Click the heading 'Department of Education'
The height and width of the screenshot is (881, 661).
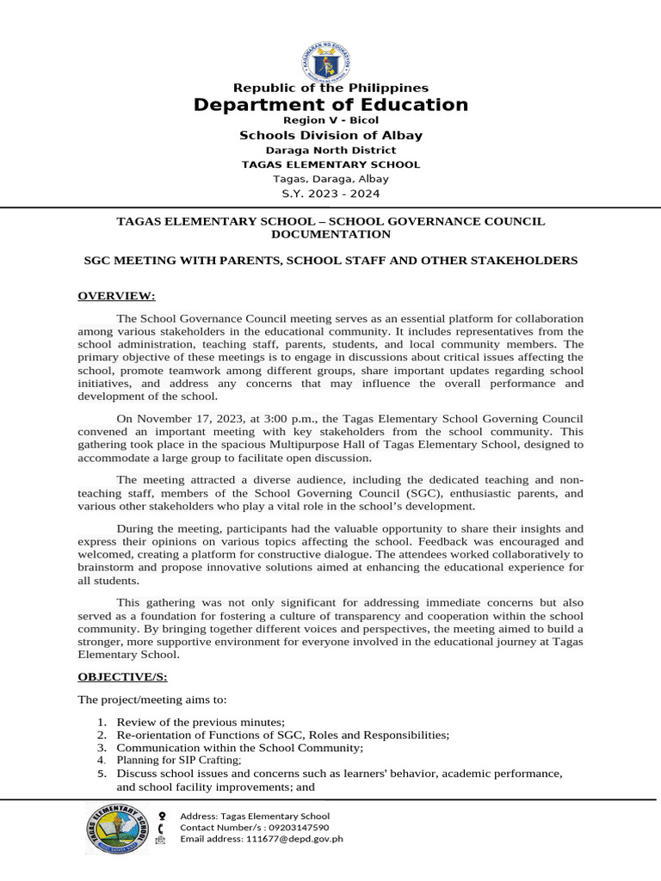tap(330, 105)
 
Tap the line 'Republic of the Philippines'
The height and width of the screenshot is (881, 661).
tap(330, 88)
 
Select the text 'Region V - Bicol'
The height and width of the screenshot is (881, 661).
tap(330, 120)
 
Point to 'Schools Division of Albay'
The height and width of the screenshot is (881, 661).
tap(330, 135)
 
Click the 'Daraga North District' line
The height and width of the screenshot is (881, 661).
tap(330, 150)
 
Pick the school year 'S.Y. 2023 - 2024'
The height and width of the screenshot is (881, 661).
tap(330, 194)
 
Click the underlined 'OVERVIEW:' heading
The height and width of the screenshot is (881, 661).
tap(116, 297)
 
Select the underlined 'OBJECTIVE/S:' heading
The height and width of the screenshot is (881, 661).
tap(122, 678)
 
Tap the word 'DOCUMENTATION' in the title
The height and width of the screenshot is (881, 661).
tap(330, 234)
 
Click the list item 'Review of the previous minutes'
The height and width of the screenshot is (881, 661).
tap(201, 722)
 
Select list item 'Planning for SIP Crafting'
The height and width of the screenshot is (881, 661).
tap(179, 761)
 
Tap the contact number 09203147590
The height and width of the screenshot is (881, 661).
tap(292, 827)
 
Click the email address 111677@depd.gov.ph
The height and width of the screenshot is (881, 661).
tap(295, 838)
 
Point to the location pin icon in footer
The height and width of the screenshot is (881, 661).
tap(162, 815)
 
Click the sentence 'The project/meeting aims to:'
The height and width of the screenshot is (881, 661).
tap(151, 699)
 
